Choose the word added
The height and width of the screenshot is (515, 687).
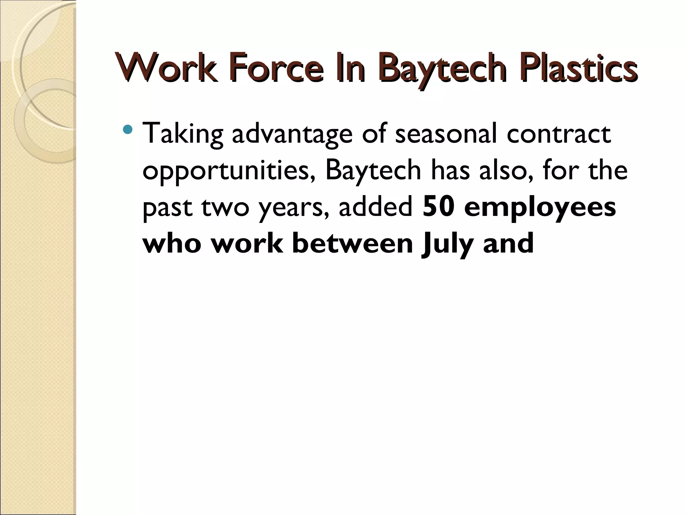tap(375, 207)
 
